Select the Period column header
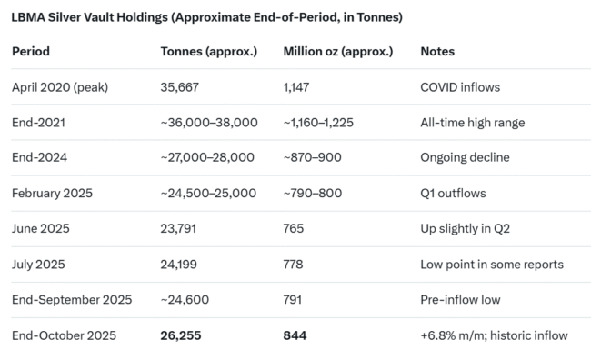pos(31,52)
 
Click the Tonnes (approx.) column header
pos(208,52)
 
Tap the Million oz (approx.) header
pos(337,52)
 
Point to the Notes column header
pos(437,52)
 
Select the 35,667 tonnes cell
pos(179,86)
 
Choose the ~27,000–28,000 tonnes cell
pos(208,157)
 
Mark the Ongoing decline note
pos(465,157)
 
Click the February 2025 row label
pos(51,193)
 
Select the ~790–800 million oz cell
pos(312,193)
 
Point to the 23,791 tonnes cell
pos(178,228)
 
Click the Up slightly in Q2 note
pos(466,228)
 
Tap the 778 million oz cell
pos(295,264)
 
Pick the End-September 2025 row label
pos(72,299)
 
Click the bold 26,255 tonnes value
pos(180,335)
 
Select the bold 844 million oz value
pos(295,335)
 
